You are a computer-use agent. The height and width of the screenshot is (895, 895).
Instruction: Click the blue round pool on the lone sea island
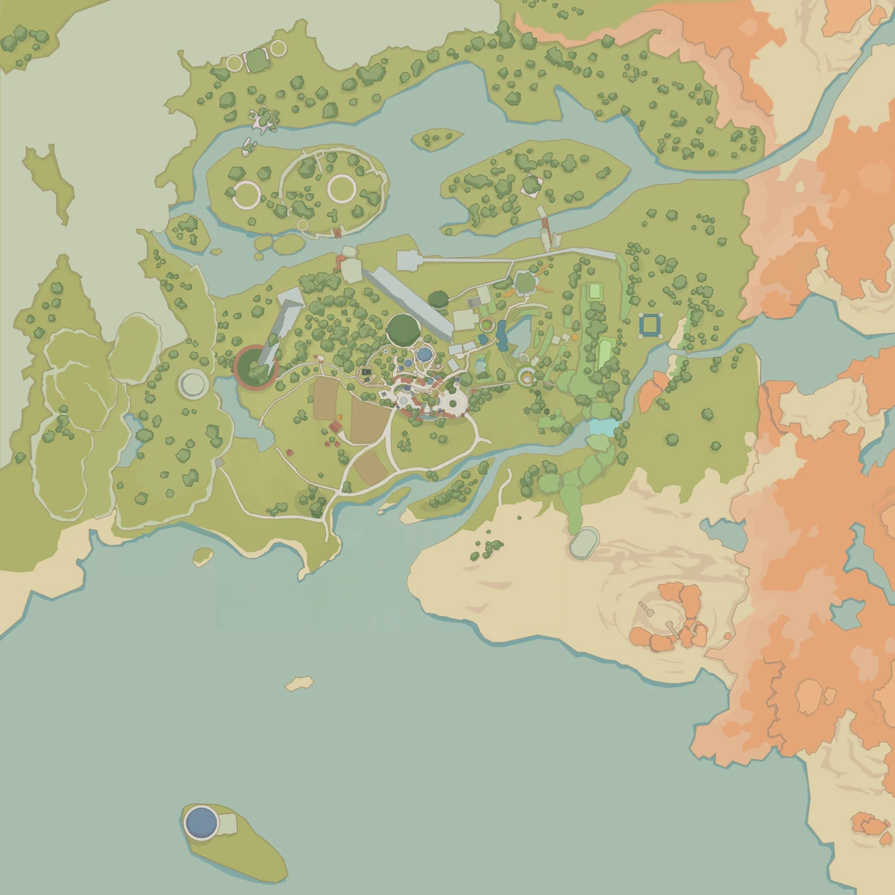tap(201, 823)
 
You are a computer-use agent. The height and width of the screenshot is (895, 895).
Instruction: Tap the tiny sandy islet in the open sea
tap(299, 682)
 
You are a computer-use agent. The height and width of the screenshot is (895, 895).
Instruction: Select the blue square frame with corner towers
tap(651, 325)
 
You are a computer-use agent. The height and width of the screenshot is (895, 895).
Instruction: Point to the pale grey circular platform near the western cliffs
tap(194, 384)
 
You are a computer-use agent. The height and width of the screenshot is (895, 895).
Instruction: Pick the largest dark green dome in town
tap(403, 329)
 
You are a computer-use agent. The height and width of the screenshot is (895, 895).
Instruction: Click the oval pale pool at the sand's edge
tap(584, 542)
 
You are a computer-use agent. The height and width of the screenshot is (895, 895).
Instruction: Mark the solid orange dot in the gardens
tap(576, 337)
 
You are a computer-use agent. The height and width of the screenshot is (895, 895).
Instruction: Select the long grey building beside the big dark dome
tap(408, 301)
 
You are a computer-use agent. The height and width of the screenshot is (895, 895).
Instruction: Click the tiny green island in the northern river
tap(436, 138)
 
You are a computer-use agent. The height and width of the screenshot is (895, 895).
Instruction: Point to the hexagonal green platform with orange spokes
tap(524, 282)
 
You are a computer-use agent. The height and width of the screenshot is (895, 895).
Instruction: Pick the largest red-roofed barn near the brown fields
tap(336, 427)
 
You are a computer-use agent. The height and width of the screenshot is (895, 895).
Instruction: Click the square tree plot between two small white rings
tap(257, 60)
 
